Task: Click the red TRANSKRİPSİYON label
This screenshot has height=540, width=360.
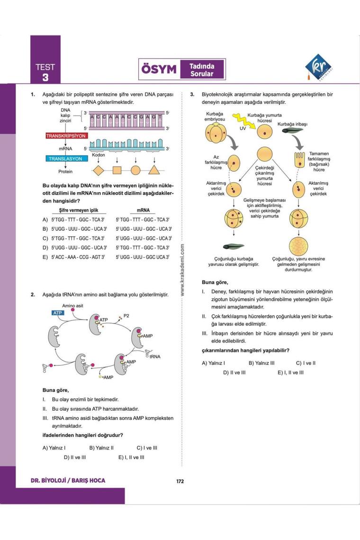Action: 66,136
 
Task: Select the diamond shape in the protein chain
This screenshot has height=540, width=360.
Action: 99,171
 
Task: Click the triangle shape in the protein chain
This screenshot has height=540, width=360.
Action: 153,171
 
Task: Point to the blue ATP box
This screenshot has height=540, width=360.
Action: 57,314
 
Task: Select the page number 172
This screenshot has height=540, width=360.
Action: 180,481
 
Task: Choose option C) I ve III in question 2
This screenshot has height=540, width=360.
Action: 147,447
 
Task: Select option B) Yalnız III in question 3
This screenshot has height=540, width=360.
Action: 261,363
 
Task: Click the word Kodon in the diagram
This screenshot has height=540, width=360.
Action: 99,155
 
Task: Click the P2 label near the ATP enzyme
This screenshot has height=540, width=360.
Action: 126,315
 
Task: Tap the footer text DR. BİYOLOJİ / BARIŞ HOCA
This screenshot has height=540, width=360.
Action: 68,481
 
